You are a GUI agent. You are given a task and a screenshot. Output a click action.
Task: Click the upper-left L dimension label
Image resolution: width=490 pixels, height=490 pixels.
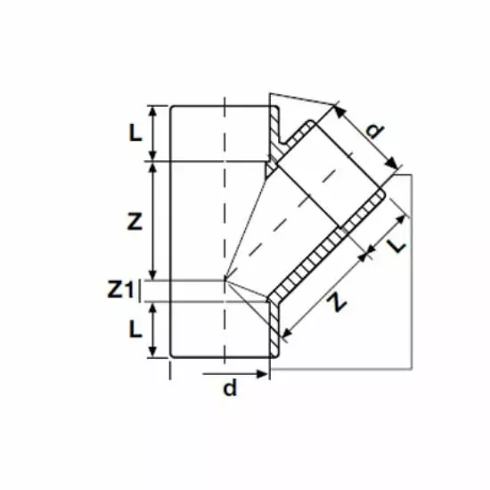coord(135,134)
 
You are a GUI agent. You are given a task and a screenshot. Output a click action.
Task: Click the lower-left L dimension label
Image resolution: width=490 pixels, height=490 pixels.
coord(135,330)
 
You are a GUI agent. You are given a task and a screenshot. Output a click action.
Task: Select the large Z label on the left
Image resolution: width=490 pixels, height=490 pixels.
coord(135,222)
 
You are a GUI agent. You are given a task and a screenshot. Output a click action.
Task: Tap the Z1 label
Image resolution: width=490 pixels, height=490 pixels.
coord(120,290)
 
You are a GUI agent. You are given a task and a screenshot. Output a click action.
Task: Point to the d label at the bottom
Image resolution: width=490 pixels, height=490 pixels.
coord(230,388)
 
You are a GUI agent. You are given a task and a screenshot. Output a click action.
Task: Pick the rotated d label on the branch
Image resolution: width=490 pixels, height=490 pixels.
coord(374,130)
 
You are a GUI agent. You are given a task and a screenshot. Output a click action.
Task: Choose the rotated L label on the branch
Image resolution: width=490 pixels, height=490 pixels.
coord(396,246)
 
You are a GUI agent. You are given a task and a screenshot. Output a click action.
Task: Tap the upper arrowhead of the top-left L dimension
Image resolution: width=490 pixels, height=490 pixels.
coord(152,110)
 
